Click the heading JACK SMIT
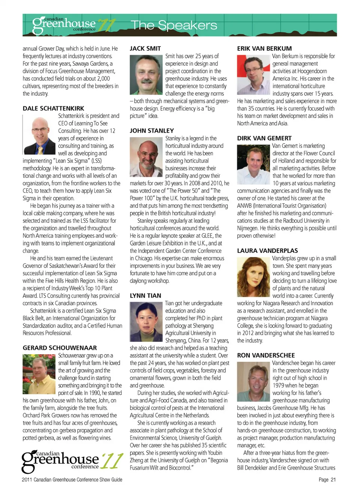click(x=145, y=48)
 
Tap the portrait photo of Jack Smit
click(x=146, y=75)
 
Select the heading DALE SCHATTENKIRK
click(x=53, y=108)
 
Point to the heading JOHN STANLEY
click(x=151, y=131)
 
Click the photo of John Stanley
click(x=146, y=157)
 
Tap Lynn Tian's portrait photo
click(x=146, y=322)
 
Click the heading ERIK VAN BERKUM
click(x=264, y=48)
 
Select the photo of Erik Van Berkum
click(x=253, y=75)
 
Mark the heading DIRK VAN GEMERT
click(x=264, y=138)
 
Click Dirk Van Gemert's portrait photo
click(x=253, y=164)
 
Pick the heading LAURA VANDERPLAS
click(x=267, y=251)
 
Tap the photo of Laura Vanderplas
click(x=253, y=277)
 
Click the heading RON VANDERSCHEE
click(x=266, y=355)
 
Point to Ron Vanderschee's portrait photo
click(x=253, y=381)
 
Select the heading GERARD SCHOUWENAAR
click(x=60, y=348)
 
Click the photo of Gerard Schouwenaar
click(x=39, y=374)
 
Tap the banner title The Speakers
click(x=174, y=25)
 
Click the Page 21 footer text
click(x=327, y=479)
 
